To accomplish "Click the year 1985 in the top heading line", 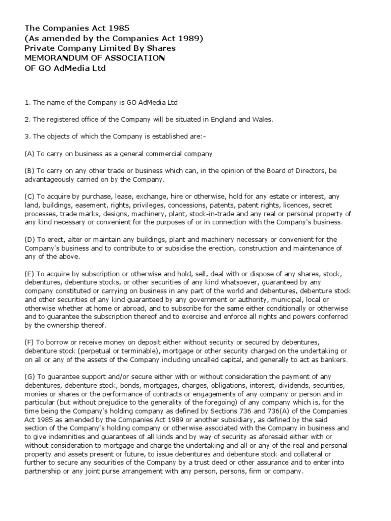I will pos(120,28).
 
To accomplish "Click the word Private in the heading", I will pos(40,48).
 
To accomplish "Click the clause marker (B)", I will pos(30,171).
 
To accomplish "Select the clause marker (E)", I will pos(30,273).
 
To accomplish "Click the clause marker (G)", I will pos(30,377).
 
